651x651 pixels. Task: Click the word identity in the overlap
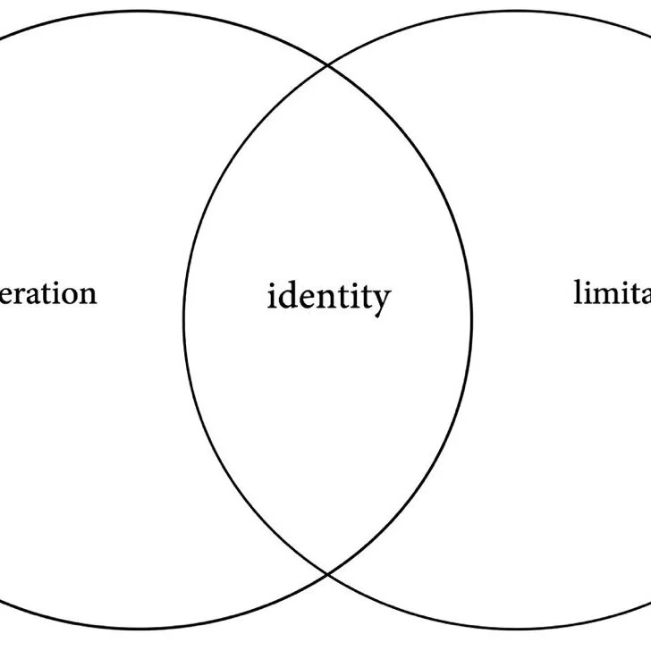[x=329, y=296]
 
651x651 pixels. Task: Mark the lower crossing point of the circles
[x=327, y=572]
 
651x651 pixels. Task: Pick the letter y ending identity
[x=381, y=300]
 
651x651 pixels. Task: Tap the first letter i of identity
[x=272, y=296]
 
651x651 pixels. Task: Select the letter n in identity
[x=323, y=298]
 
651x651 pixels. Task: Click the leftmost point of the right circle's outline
[x=184, y=319]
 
